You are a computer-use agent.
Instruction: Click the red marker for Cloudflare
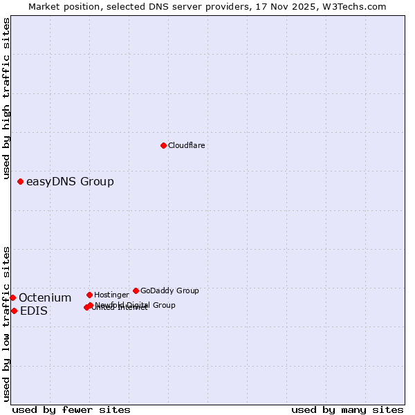point(163,145)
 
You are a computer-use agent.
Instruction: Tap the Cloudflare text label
point(186,146)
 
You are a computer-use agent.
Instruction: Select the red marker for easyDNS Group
point(21,181)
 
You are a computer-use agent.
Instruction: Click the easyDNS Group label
point(70,182)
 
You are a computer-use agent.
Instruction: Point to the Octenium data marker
point(12,297)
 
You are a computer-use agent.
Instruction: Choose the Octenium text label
point(45,298)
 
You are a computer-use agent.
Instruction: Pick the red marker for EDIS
point(14,311)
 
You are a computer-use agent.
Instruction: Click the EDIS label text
point(34,311)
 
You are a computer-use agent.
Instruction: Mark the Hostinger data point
point(89,295)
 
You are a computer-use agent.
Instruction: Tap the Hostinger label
point(111,295)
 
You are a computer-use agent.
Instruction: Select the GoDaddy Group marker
point(136,290)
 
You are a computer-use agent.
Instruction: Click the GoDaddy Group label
point(169,291)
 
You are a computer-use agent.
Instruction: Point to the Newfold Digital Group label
point(136,305)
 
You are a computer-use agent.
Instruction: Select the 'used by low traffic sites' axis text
point(6,324)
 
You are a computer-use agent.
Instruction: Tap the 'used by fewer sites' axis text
point(71,409)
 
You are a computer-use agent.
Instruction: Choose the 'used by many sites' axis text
point(347,409)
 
